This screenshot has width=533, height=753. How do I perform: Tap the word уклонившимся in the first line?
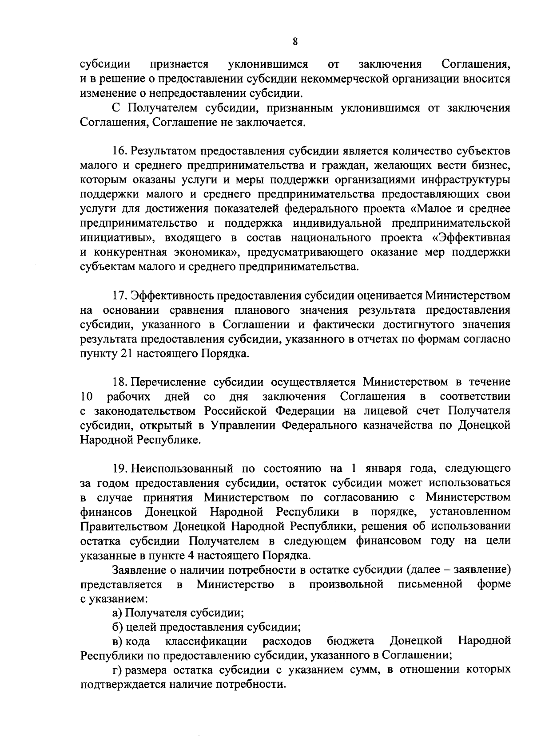click(268, 64)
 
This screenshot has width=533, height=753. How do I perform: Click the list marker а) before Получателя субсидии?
click(117, 613)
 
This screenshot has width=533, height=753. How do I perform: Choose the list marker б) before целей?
click(118, 627)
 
